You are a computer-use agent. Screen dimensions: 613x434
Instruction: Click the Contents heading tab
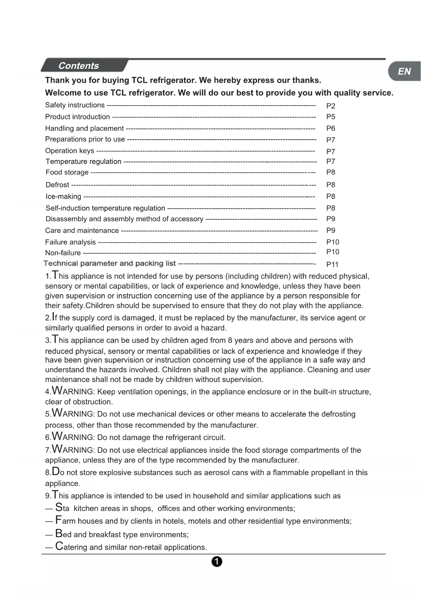[79, 66]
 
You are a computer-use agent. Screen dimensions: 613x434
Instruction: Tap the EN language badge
[404, 71]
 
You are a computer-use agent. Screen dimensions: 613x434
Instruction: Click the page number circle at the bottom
[217, 562]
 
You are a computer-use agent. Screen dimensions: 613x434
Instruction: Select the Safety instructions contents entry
[75, 105]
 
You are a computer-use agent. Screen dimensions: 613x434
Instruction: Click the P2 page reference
[330, 106]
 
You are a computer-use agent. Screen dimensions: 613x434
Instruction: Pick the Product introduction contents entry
[77, 117]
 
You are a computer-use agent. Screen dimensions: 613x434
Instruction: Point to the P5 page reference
[330, 117]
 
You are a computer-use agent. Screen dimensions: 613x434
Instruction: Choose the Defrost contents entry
[57, 185]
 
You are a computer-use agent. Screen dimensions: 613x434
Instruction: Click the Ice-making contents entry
[63, 196]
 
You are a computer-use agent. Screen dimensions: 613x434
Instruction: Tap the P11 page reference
[332, 265]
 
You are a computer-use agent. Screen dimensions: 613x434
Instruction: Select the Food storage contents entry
[67, 172]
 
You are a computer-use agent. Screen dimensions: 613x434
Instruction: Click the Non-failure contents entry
[63, 253]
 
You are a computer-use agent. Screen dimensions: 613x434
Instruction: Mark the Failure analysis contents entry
[70, 242]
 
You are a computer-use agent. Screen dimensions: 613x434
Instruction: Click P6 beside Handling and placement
[330, 128]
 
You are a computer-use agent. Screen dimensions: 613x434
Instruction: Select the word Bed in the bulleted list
[63, 534]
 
